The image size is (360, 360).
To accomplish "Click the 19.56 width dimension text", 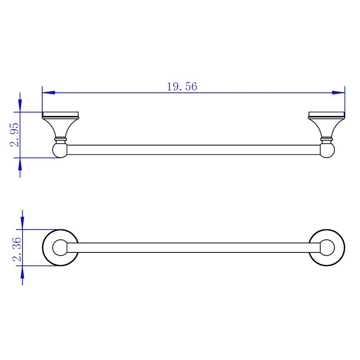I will click(182, 87).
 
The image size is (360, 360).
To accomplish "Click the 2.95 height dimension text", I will click(15, 135).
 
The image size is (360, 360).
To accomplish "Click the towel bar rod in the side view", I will click(193, 151).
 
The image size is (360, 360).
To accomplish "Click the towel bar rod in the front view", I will click(193, 248).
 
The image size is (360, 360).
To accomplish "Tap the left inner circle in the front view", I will click(59, 248).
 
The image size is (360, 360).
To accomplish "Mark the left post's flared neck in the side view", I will click(60, 128).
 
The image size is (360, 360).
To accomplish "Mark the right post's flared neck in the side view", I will click(327, 128).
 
